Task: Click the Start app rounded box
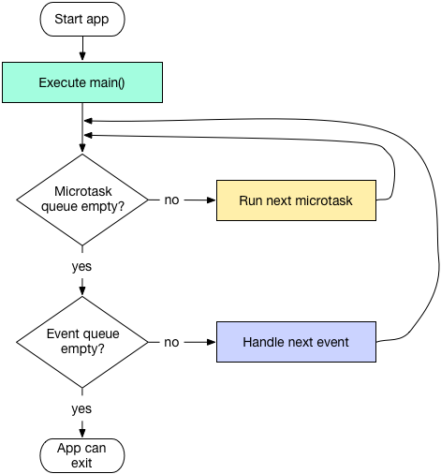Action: (82, 19)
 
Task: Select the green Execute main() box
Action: (82, 82)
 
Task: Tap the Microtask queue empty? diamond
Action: (82, 200)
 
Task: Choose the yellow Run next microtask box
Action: (296, 200)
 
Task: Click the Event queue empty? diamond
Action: (82, 342)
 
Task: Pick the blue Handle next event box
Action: (296, 342)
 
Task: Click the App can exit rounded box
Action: (82, 455)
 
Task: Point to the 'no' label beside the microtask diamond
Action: (172, 200)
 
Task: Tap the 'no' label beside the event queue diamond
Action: (172, 342)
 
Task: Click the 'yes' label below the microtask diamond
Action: (82, 267)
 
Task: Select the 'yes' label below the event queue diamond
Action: (82, 408)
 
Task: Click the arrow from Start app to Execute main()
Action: (82, 47)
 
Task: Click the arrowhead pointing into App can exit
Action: (82, 432)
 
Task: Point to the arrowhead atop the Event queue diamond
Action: (82, 290)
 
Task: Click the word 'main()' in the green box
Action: (108, 82)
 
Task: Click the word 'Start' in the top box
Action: (69, 19)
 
